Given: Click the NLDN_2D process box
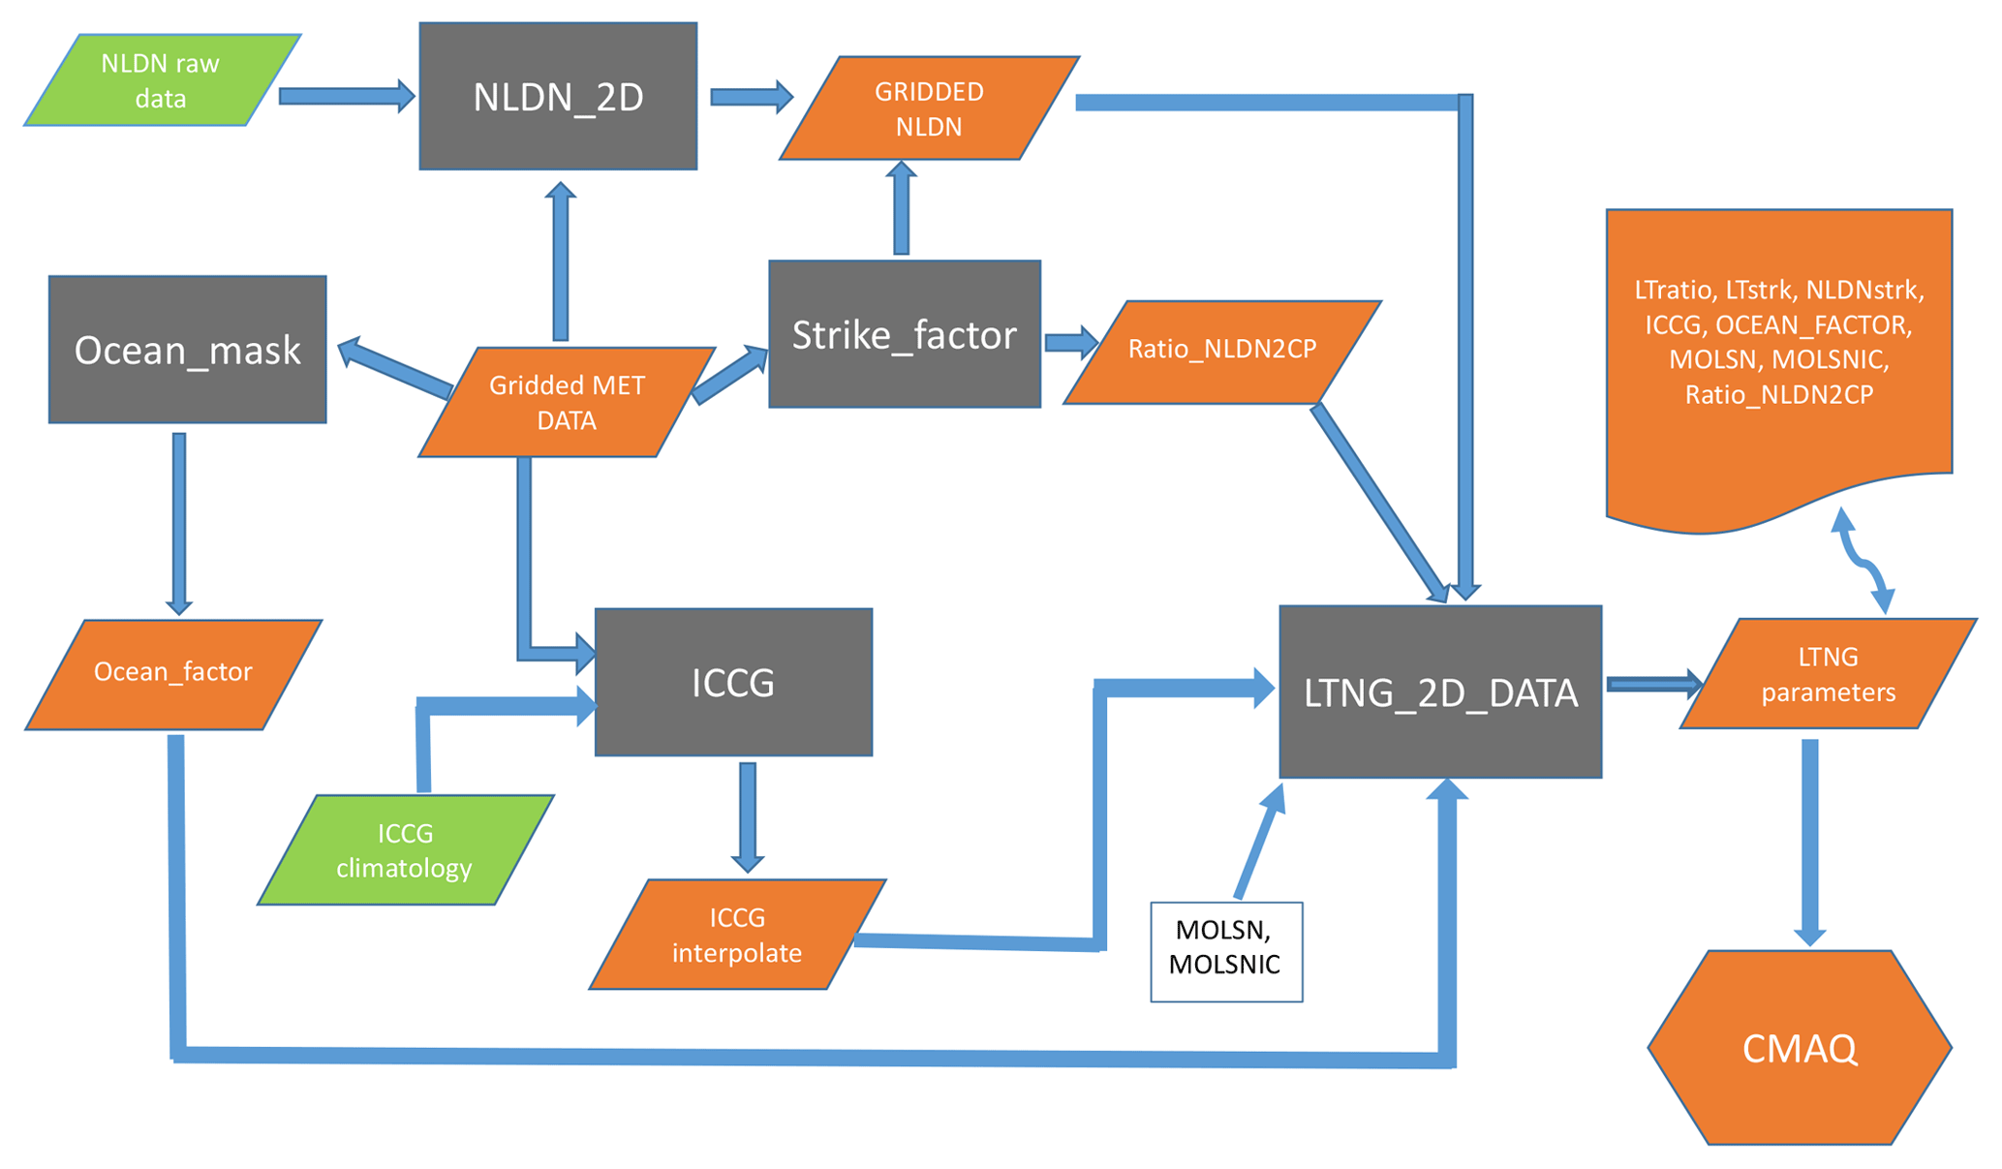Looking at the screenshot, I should (x=558, y=97).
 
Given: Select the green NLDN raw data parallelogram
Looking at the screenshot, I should (x=162, y=80).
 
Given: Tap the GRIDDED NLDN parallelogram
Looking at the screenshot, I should (x=929, y=108).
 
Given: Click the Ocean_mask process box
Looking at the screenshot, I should (x=187, y=350).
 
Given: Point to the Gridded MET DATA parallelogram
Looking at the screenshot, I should (x=567, y=402).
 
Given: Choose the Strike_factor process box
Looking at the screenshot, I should (x=904, y=334).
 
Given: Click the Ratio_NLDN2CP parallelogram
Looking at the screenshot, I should (x=1221, y=350).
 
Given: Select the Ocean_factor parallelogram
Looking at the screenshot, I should (x=173, y=673).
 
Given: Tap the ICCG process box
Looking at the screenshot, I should (x=733, y=683).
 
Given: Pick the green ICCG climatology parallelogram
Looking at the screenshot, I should (x=405, y=850).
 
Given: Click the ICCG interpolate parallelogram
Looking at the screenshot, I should (x=737, y=935).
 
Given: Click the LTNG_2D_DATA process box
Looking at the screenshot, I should (x=1440, y=692).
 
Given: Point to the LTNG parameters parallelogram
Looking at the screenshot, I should (x=1828, y=674).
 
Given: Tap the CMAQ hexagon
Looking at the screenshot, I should (x=1799, y=1048).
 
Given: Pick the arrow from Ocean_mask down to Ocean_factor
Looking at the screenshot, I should (x=179, y=523).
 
